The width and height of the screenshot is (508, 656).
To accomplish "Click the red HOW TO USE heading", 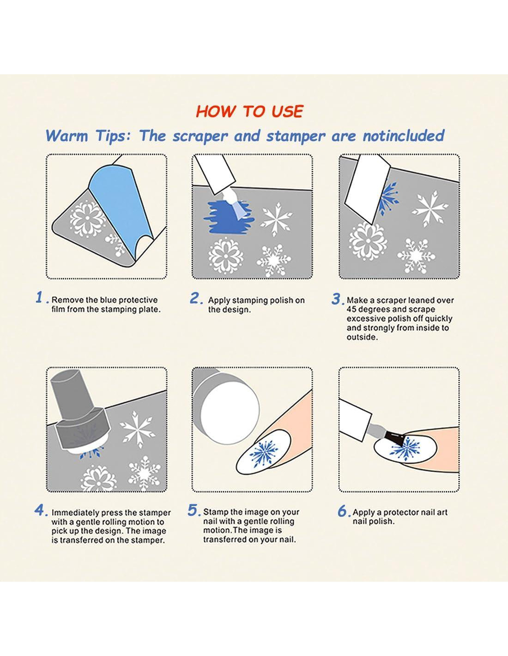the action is pos(249,111).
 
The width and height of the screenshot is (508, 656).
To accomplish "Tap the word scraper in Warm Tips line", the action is pos(200,137).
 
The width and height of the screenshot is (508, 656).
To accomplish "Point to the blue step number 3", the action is pos(336,299).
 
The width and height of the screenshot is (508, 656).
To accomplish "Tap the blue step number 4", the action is pos(40,511).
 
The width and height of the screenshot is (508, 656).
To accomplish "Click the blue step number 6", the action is pos(343,511).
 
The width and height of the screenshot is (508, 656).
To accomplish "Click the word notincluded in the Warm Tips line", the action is pos(403,136).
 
